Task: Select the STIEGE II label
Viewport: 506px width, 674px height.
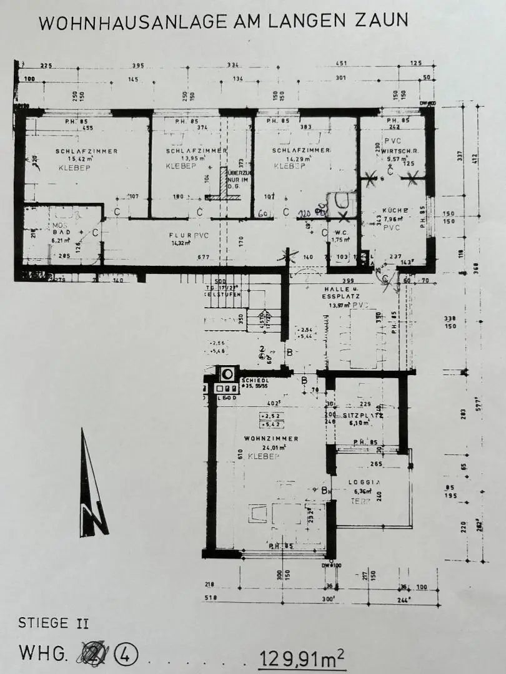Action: tap(54, 623)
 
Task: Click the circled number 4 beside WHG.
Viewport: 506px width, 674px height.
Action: tap(126, 654)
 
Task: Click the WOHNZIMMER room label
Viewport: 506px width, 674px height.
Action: tap(271, 439)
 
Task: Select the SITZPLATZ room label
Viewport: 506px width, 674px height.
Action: tap(362, 415)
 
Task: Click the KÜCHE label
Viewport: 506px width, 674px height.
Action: tap(396, 210)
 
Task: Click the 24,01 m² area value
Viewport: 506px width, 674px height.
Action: tap(274, 447)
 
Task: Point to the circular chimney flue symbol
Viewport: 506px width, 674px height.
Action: tap(227, 373)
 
